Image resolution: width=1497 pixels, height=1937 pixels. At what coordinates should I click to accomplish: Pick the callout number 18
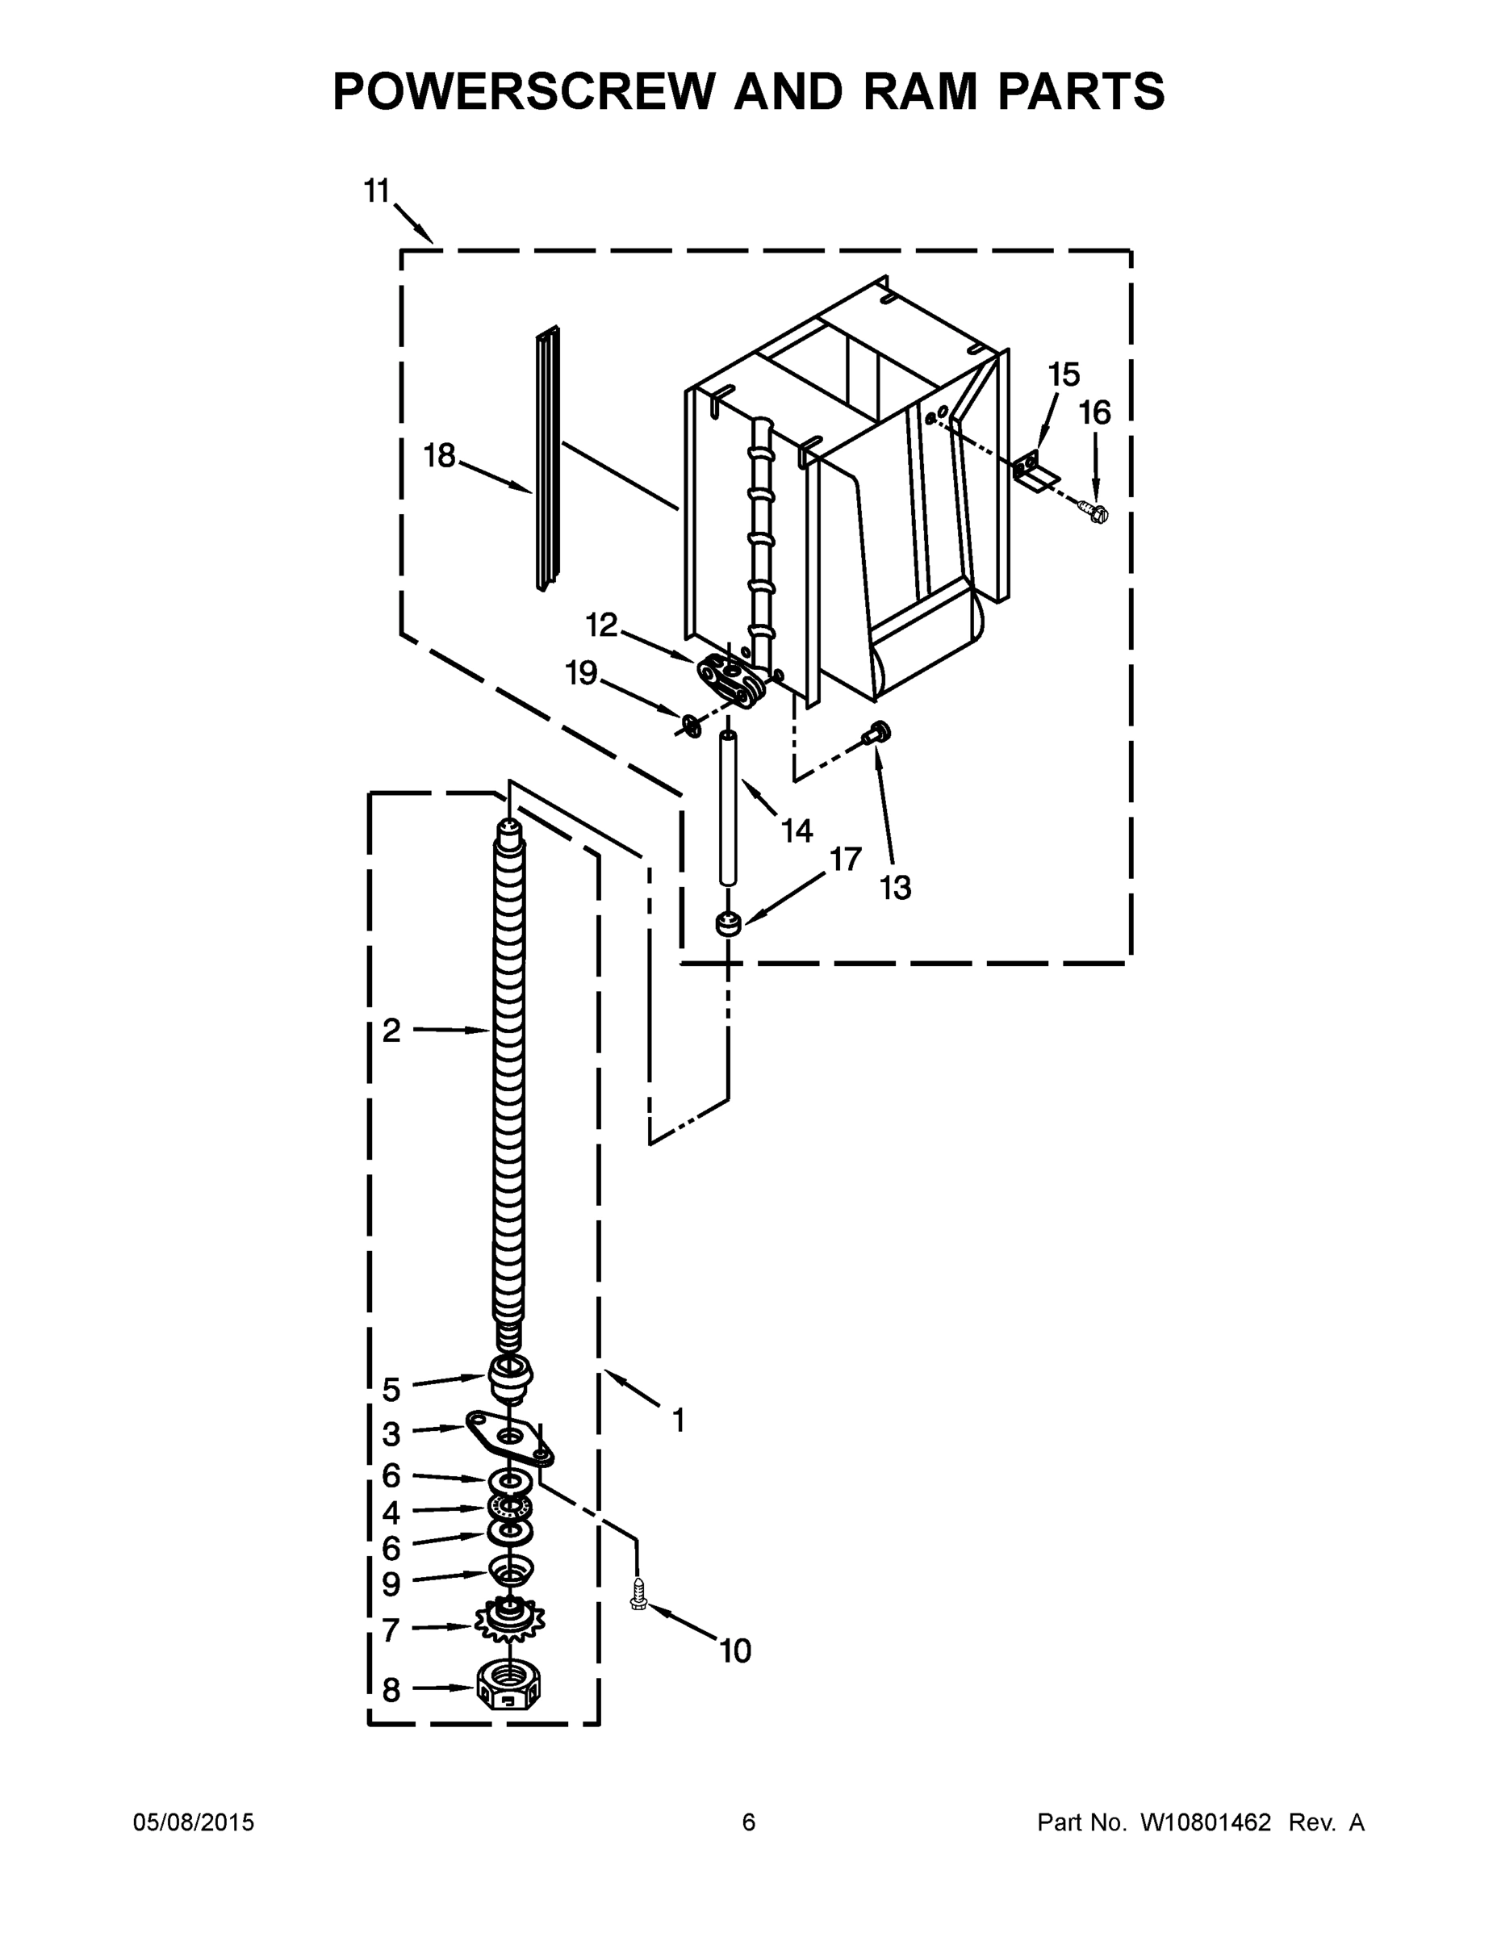coord(439,456)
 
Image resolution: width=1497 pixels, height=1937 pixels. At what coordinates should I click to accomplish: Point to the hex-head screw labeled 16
coord(1095,512)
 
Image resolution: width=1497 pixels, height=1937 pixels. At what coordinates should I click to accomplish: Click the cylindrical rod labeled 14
coord(728,808)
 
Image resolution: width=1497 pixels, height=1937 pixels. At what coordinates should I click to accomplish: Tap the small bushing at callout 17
coord(728,923)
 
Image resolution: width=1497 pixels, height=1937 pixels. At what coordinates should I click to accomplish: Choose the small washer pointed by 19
coord(689,726)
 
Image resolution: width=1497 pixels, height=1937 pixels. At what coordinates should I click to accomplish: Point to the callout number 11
coord(377,190)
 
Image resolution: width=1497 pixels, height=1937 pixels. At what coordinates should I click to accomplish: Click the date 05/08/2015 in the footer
coord(194,1822)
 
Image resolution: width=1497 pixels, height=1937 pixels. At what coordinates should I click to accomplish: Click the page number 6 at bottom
coord(749,1822)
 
